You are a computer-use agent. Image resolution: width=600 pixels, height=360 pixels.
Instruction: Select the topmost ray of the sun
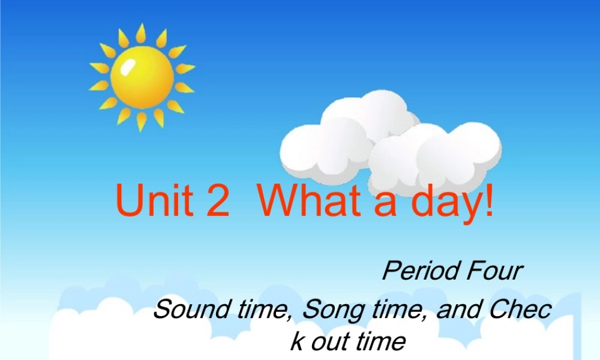pyautogui.click(x=141, y=33)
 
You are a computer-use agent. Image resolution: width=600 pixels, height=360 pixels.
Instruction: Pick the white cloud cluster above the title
pyautogui.click(x=390, y=141)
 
